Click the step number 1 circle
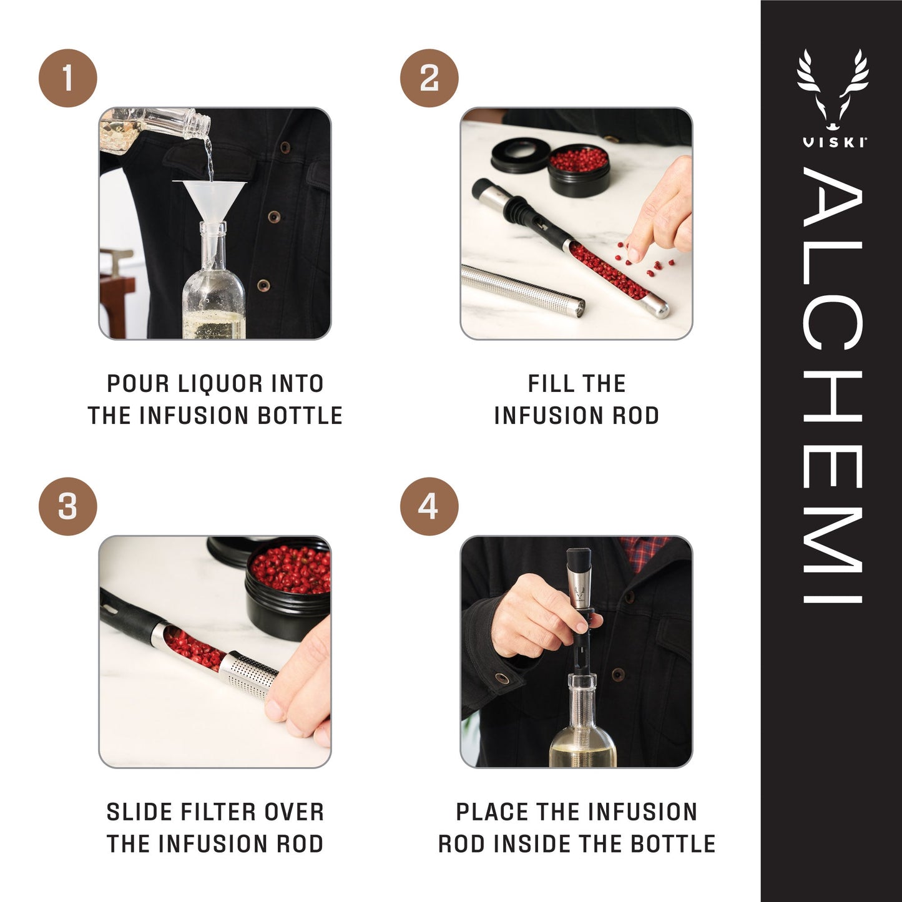click(67, 78)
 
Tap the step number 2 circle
click(429, 78)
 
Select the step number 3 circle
click(67, 506)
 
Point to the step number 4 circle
click(429, 506)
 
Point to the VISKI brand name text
click(833, 142)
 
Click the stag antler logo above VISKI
click(833, 87)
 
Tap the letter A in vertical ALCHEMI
click(833, 197)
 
